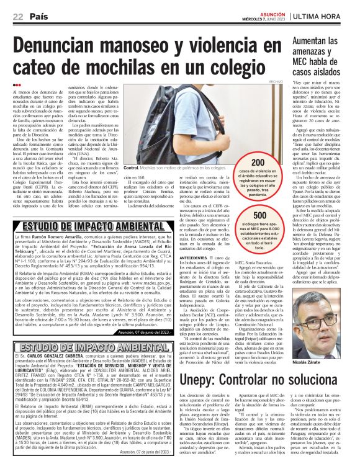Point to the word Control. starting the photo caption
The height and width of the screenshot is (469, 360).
pos(132,168)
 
